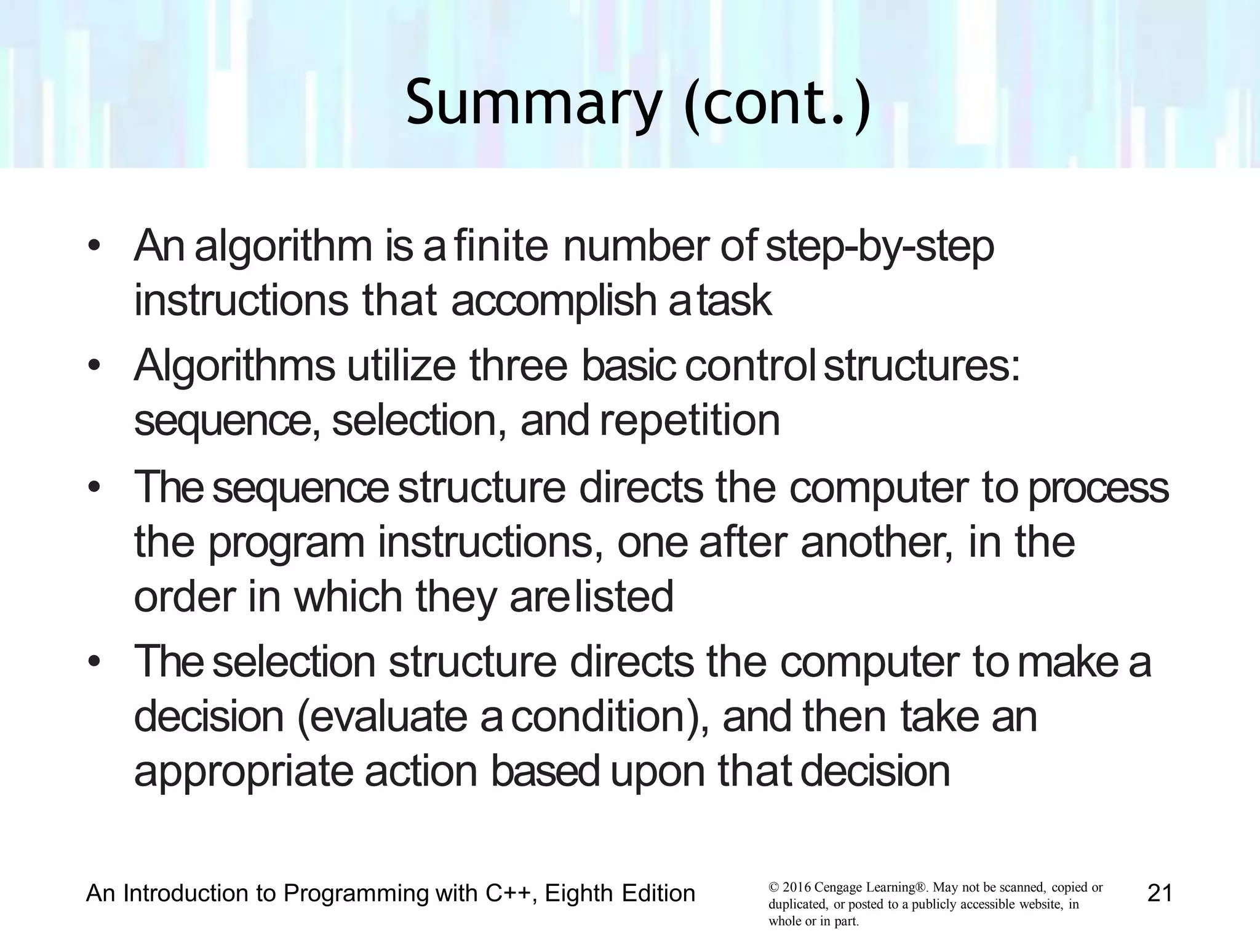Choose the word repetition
pyautogui.click(x=690, y=421)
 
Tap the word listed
pyautogui.click(x=624, y=597)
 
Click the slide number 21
pyautogui.click(x=1160, y=893)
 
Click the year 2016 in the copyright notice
pyautogui.click(x=796, y=888)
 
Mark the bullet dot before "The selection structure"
pyautogui.click(x=94, y=663)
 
